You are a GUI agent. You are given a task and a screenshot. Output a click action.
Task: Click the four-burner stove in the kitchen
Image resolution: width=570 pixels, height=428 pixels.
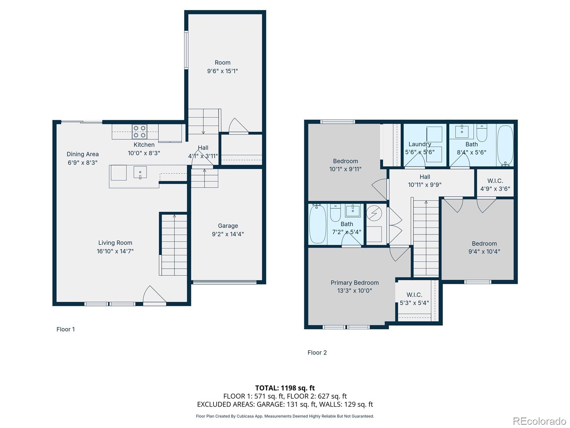tap(140, 131)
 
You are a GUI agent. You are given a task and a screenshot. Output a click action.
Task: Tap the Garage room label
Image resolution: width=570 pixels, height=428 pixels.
tap(228, 226)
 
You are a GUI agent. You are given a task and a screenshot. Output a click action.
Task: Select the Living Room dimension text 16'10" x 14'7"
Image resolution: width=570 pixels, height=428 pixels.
tap(115, 251)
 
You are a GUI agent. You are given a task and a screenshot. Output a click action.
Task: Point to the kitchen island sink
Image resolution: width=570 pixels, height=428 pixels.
tap(140, 173)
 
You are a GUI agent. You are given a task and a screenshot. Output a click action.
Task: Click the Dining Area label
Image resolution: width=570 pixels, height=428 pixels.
tap(83, 154)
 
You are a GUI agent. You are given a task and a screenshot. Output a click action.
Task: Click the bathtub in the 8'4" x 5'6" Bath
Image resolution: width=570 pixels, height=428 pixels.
tap(505, 145)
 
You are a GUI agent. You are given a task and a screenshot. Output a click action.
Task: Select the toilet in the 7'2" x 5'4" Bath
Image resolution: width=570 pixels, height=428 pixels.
tap(336, 213)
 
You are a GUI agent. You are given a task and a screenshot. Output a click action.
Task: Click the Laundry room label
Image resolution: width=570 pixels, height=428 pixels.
tap(420, 144)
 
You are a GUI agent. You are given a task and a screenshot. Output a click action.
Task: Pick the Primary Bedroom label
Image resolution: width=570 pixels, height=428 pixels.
tap(354, 282)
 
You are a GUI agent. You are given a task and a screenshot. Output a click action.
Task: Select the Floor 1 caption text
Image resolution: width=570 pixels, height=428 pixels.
tap(66, 329)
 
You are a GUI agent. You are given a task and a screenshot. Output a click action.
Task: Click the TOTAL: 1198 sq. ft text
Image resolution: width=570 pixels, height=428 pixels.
tap(285, 388)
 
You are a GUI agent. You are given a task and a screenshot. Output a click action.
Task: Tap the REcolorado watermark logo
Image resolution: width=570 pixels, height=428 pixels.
tap(539, 421)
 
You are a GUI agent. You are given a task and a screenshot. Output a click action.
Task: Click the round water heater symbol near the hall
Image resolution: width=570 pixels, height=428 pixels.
tap(374, 214)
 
